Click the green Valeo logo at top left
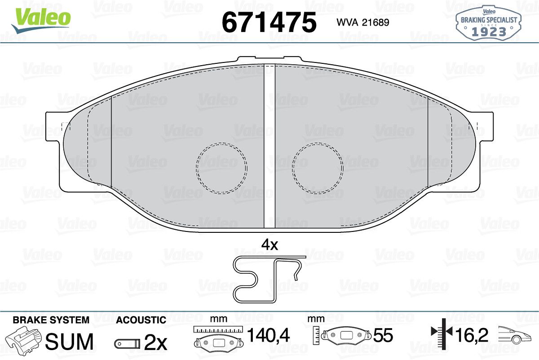41,20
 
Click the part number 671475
269,22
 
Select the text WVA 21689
363,22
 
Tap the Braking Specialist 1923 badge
489,23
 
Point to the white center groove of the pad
269,147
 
